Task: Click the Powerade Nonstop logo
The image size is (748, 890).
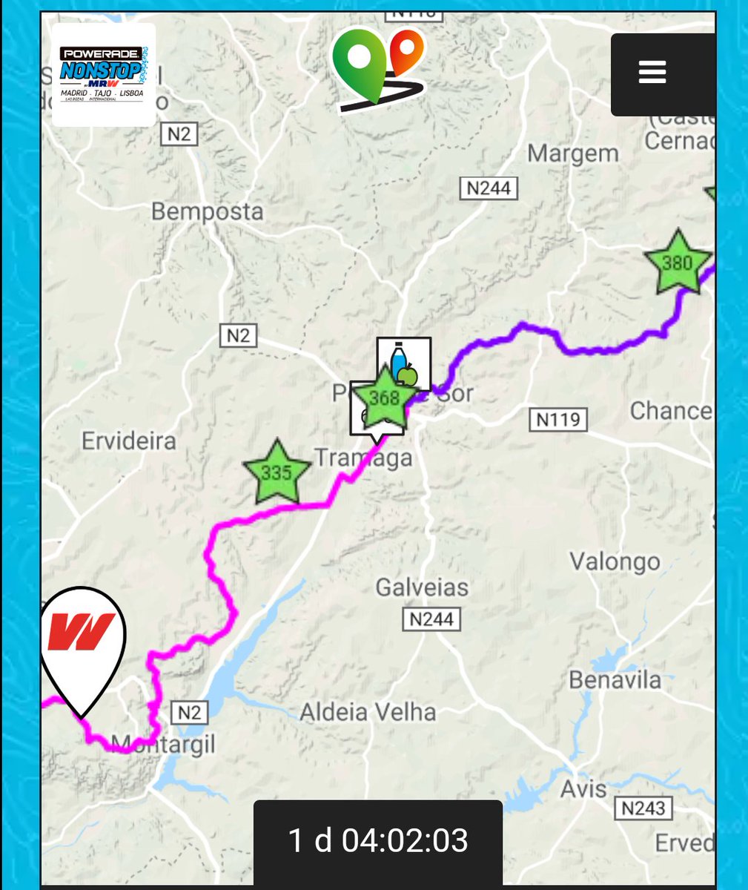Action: (103, 75)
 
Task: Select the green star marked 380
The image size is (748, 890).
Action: (677, 263)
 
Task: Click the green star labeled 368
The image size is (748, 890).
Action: (385, 399)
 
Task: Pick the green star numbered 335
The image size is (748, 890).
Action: (276, 472)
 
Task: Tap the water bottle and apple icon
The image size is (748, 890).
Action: (404, 362)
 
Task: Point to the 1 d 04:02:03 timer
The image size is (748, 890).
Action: (378, 840)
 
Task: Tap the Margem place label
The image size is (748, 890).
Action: (573, 154)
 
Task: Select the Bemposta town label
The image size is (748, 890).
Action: (207, 211)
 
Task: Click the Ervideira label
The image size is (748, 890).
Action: (129, 441)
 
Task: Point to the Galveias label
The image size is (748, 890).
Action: (422, 587)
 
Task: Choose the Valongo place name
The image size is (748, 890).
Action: (615, 561)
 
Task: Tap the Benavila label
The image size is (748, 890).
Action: (615, 679)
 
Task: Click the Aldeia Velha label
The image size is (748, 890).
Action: (368, 712)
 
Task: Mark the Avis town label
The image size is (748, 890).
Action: (583, 788)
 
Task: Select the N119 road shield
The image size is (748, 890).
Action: (557, 420)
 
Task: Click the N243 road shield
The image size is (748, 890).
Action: (643, 808)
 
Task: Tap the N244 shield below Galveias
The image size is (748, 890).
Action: (431, 619)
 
